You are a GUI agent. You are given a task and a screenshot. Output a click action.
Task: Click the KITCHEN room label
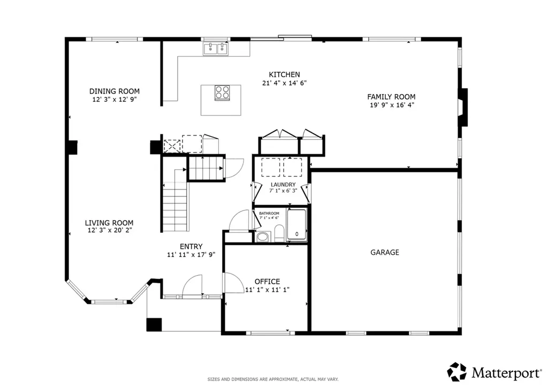[284, 74]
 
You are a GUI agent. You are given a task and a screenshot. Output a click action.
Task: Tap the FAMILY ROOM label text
[391, 97]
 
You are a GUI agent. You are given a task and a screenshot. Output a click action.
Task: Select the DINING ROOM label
[115, 91]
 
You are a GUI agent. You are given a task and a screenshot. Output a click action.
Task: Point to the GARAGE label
[384, 252]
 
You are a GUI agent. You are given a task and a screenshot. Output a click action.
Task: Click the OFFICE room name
[267, 282]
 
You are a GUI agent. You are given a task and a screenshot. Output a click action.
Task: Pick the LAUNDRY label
[283, 185]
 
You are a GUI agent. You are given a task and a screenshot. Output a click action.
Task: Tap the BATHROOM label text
[269, 213]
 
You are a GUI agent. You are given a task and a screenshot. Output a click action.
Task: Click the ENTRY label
[191, 246]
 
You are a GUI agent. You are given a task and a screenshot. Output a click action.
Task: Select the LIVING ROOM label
[109, 223]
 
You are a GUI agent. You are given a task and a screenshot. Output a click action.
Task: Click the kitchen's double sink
[216, 49]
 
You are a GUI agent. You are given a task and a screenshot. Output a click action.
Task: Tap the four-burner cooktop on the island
[222, 93]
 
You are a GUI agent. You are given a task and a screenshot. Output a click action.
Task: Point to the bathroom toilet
[279, 233]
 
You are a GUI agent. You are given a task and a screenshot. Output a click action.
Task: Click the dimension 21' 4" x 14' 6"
[284, 83]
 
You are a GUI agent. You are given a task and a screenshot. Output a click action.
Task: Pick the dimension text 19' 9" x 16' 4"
[392, 105]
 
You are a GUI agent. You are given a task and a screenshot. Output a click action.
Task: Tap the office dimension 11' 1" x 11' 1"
[267, 290]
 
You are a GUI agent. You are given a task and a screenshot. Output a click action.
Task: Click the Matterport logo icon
[457, 371]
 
